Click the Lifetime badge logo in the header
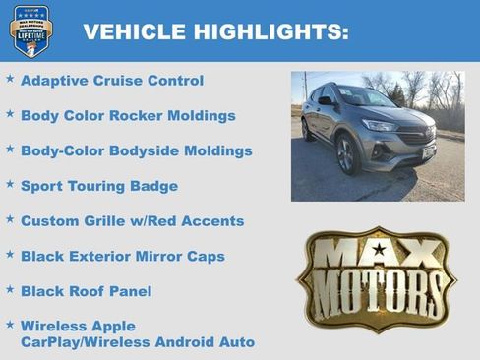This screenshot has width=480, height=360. [x=31, y=30]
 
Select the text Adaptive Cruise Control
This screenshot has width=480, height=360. [x=111, y=81]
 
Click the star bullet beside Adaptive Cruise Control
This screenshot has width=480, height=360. [x=10, y=78]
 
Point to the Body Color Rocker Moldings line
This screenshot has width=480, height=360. [x=128, y=116]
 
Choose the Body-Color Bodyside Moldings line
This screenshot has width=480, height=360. [x=136, y=151]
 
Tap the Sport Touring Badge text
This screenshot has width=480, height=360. [x=98, y=186]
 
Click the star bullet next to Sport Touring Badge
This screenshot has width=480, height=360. [x=10, y=183]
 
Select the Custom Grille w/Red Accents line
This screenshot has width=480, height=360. [x=132, y=221]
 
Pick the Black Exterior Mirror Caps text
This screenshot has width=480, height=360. [x=122, y=257]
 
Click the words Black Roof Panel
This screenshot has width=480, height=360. [x=86, y=291]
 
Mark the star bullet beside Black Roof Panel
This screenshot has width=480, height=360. [x=10, y=288]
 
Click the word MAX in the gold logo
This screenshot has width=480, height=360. [x=378, y=254]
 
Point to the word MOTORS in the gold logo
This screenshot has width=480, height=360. [x=378, y=294]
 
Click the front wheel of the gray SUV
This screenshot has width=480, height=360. [x=346, y=155]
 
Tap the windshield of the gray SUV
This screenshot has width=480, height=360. [x=363, y=98]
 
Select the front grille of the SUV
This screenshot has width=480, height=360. [x=413, y=137]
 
